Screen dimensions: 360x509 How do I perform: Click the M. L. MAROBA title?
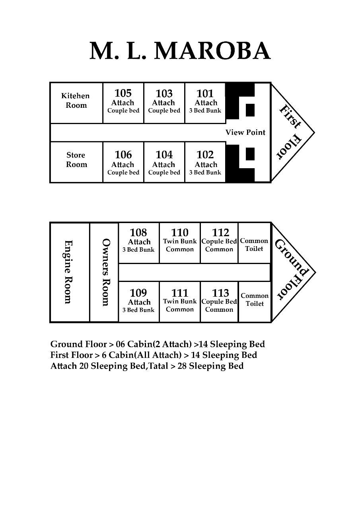click(x=180, y=51)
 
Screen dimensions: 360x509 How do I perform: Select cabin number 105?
click(x=123, y=93)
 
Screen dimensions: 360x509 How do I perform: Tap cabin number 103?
click(x=164, y=93)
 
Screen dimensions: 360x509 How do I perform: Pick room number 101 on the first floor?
click(x=205, y=93)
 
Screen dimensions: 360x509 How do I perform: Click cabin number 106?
click(x=123, y=155)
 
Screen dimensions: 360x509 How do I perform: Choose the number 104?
click(x=164, y=155)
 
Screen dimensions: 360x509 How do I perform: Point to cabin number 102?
click(x=205, y=155)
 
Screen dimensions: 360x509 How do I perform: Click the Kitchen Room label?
click(x=76, y=101)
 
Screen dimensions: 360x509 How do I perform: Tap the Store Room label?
click(x=76, y=159)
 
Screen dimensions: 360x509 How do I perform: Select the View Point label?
click(x=245, y=132)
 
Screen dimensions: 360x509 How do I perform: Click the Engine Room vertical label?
click(x=68, y=272)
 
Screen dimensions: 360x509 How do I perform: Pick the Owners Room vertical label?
click(x=105, y=272)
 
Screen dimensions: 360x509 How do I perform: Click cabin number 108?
click(x=138, y=233)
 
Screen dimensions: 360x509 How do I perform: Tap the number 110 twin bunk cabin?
click(x=180, y=233)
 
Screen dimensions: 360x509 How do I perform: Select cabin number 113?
click(x=220, y=293)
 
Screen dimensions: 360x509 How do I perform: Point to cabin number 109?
click(x=138, y=293)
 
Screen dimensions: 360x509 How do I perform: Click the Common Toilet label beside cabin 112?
click(x=254, y=245)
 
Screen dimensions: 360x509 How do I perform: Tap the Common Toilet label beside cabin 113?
click(x=255, y=299)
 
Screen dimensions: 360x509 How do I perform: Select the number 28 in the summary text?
click(x=182, y=366)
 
